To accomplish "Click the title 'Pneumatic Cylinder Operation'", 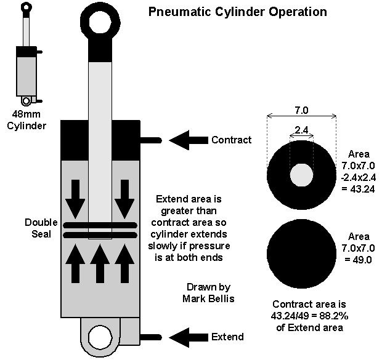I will tap(238, 12).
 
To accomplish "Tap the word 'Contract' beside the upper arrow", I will tap(231, 140).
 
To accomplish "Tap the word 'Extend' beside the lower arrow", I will tap(227, 337).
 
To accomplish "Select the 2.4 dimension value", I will tap(301, 130).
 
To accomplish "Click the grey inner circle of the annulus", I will tap(302, 174).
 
